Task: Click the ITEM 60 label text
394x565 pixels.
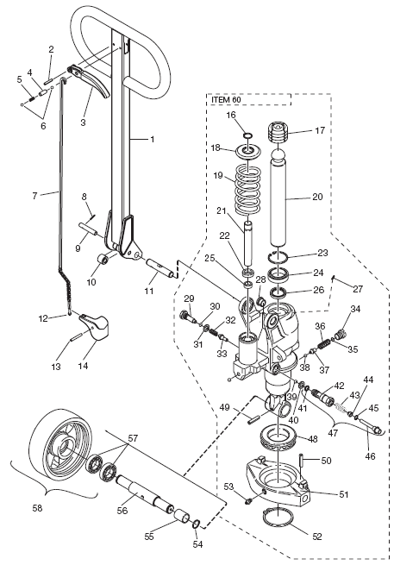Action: [226, 99]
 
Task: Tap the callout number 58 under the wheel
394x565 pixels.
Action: [37, 508]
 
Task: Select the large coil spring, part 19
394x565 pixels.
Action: [248, 188]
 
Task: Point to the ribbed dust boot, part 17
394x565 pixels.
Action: [279, 134]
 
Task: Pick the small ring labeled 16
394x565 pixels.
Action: [247, 135]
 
